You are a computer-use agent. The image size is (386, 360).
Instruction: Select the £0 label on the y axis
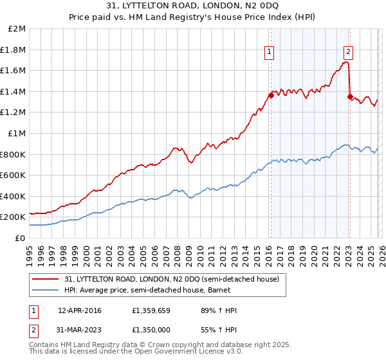point(21,238)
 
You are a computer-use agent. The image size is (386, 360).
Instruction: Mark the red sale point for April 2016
point(271,95)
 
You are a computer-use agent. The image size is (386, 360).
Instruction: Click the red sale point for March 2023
point(350,96)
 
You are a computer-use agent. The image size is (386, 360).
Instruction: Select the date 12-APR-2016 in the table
point(78,310)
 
